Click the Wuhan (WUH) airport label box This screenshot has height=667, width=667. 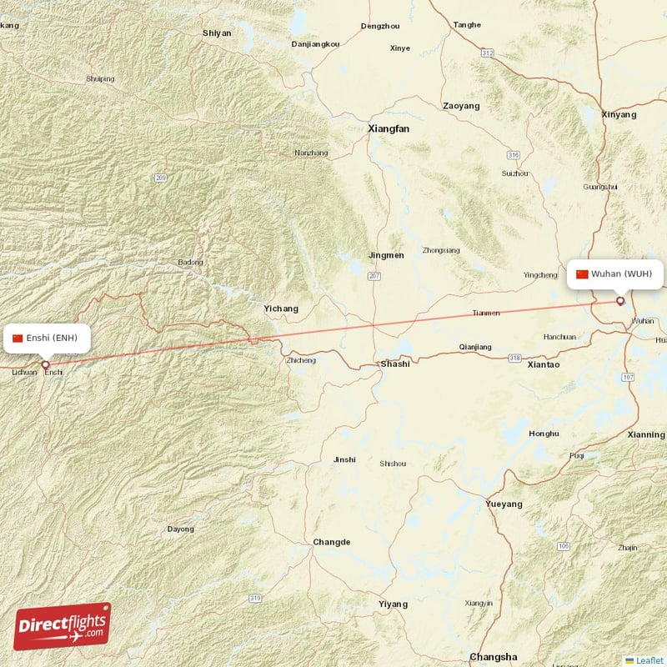click(615, 274)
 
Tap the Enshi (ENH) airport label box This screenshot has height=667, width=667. click(45, 338)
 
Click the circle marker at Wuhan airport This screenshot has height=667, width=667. click(619, 301)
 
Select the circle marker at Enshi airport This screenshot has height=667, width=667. click(45, 364)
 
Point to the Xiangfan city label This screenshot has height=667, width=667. click(389, 129)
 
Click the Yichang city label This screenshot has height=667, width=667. click(281, 308)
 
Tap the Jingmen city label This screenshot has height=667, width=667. click(386, 255)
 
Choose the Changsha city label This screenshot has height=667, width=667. click(493, 657)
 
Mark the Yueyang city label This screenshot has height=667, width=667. click(504, 504)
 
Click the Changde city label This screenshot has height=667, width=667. click(332, 542)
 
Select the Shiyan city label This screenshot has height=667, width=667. click(217, 33)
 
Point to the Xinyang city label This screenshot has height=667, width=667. click(619, 114)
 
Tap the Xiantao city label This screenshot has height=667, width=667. click(544, 364)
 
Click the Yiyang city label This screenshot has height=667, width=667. click(393, 604)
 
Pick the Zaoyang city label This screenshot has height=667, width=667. click(461, 106)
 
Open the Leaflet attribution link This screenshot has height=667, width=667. click(649, 660)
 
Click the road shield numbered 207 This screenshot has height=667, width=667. click(375, 276)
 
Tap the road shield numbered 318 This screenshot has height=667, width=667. click(515, 358)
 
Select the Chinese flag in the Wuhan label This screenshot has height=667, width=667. click(582, 274)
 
